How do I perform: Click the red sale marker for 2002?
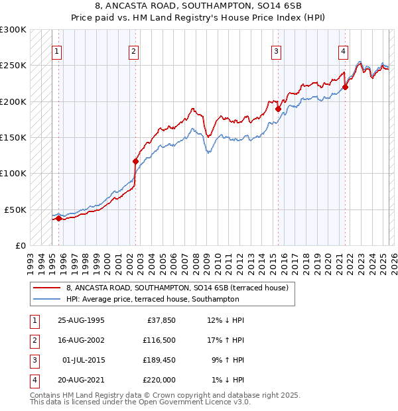(135, 161)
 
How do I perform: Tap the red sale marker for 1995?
(58, 218)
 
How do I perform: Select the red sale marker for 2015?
(278, 109)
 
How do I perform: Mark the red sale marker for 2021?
(346, 87)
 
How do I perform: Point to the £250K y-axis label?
(13, 66)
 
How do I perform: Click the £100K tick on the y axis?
(13, 173)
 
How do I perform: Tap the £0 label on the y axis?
(20, 245)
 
